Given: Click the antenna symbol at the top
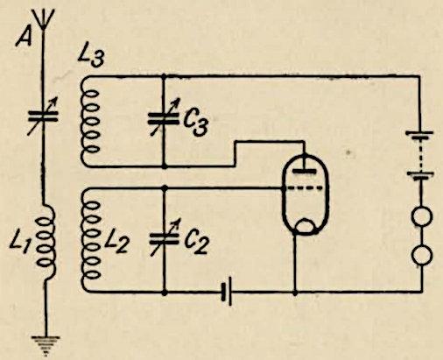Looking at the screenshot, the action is [x=44, y=18].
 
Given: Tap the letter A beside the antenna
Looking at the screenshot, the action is [x=24, y=37].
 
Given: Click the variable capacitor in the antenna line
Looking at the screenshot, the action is [x=43, y=116].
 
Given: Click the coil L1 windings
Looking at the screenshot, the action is [x=46, y=243].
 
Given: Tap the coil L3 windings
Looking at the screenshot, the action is [x=90, y=121].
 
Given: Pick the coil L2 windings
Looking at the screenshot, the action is [x=90, y=239].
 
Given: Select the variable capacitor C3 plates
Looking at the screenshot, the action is [x=164, y=117].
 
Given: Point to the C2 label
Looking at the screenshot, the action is [x=196, y=243].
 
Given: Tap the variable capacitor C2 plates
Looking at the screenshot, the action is [x=164, y=238].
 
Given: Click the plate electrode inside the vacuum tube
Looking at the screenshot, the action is [x=305, y=171].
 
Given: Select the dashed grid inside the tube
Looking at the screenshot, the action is [x=304, y=188].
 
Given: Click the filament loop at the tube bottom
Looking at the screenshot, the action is [x=305, y=226].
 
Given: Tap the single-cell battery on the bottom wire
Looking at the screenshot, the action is [x=227, y=292].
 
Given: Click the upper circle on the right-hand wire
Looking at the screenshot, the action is [x=421, y=216].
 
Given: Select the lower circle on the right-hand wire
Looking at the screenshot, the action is [x=422, y=255].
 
